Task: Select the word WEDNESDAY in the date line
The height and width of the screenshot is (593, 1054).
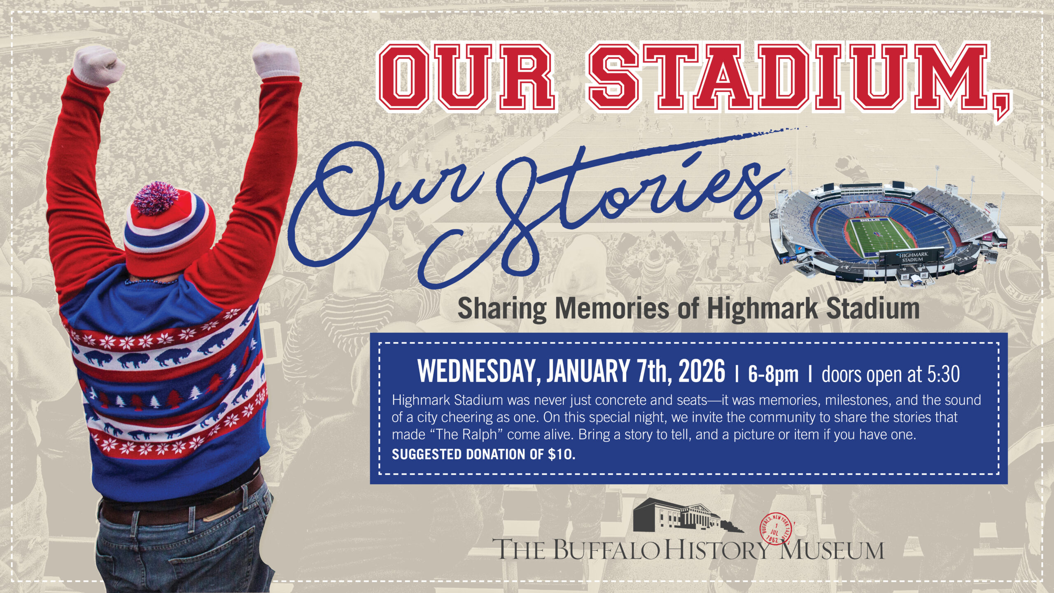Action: point(478,371)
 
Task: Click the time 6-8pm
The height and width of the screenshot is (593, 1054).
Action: point(773,374)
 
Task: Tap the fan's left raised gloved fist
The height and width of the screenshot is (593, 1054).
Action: point(99,66)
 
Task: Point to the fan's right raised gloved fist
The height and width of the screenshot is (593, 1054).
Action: point(276,62)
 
